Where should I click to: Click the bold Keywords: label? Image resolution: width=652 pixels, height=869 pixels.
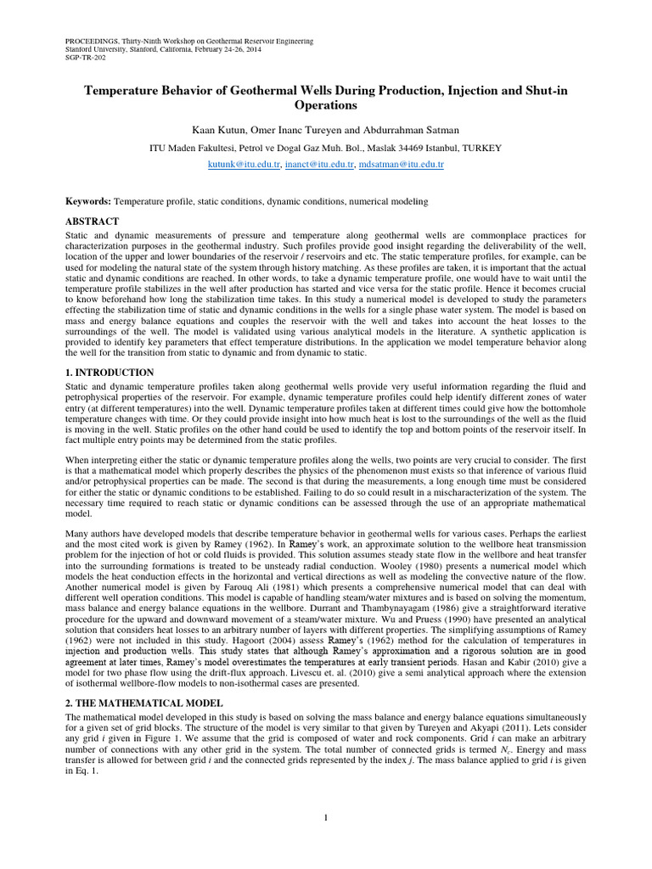pyautogui.click(x=88, y=201)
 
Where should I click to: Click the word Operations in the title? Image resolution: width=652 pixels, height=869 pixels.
pyautogui.click(x=325, y=105)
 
